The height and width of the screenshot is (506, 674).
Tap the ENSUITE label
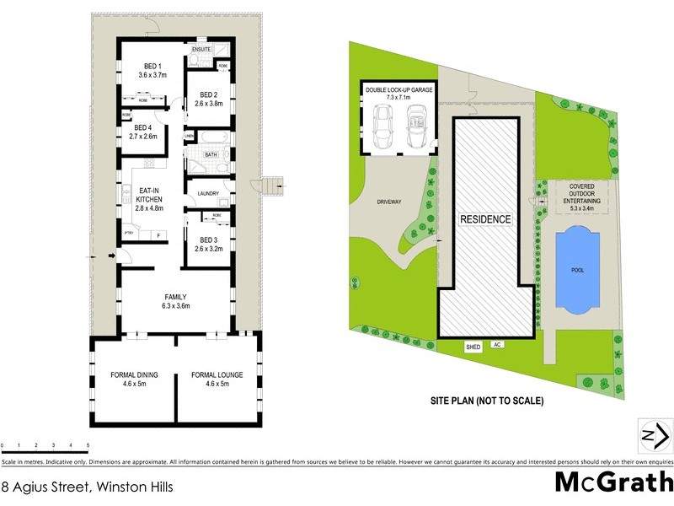coord(201,50)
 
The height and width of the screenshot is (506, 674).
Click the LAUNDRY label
coord(207,194)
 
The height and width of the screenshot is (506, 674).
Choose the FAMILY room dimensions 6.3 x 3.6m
coord(175,306)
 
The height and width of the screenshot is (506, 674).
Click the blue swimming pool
coord(575,271)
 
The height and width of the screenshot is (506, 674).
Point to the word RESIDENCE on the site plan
coord(484,219)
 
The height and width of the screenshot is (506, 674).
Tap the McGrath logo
coord(613,482)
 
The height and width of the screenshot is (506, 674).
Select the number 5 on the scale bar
coord(88,444)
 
